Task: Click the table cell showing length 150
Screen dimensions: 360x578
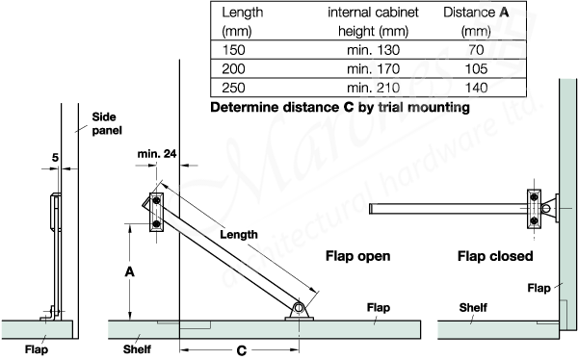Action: click(233, 50)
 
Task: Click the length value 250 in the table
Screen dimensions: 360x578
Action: click(233, 87)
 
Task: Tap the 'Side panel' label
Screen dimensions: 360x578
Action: click(104, 121)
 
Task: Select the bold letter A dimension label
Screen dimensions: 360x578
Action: click(129, 273)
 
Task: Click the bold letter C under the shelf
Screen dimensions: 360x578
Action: click(241, 350)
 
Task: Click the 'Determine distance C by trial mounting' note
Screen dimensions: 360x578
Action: click(339, 108)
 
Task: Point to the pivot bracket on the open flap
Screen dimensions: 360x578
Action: click(300, 310)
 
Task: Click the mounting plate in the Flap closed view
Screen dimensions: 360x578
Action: click(533, 209)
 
